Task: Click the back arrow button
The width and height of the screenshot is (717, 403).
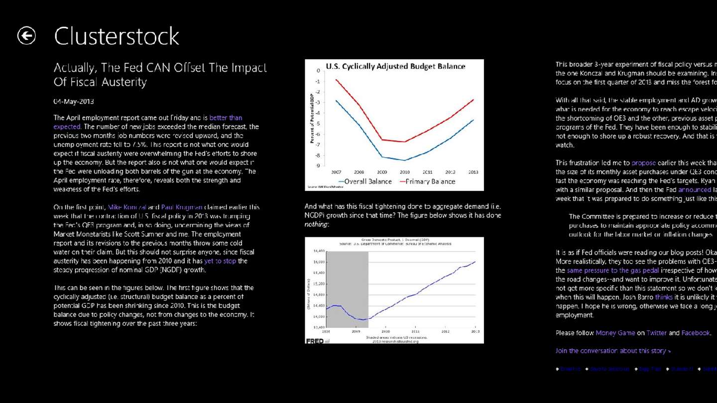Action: click(26, 36)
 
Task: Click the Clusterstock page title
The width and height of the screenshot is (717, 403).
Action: click(117, 36)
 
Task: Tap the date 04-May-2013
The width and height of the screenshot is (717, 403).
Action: click(74, 101)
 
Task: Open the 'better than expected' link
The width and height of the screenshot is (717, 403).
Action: click(226, 118)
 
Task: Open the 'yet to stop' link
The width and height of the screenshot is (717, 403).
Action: click(220, 261)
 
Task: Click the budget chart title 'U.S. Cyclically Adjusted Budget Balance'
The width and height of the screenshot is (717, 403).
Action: click(395, 66)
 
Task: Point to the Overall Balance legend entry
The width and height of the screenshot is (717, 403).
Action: click(365, 182)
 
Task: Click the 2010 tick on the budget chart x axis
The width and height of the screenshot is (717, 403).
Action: click(404, 172)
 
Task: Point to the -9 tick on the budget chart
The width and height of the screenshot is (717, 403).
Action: click(318, 166)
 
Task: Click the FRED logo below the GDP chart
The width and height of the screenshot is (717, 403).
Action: click(314, 341)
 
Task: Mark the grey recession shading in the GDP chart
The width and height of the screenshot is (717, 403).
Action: click(347, 289)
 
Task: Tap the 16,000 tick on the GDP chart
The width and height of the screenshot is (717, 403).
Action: click(318, 262)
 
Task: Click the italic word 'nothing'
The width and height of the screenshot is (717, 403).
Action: click(316, 224)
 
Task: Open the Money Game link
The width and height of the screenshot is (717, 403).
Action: click(615, 333)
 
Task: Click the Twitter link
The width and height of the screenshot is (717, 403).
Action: click(656, 333)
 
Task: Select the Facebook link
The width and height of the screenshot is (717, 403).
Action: click(696, 333)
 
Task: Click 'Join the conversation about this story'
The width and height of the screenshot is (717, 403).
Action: click(613, 351)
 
